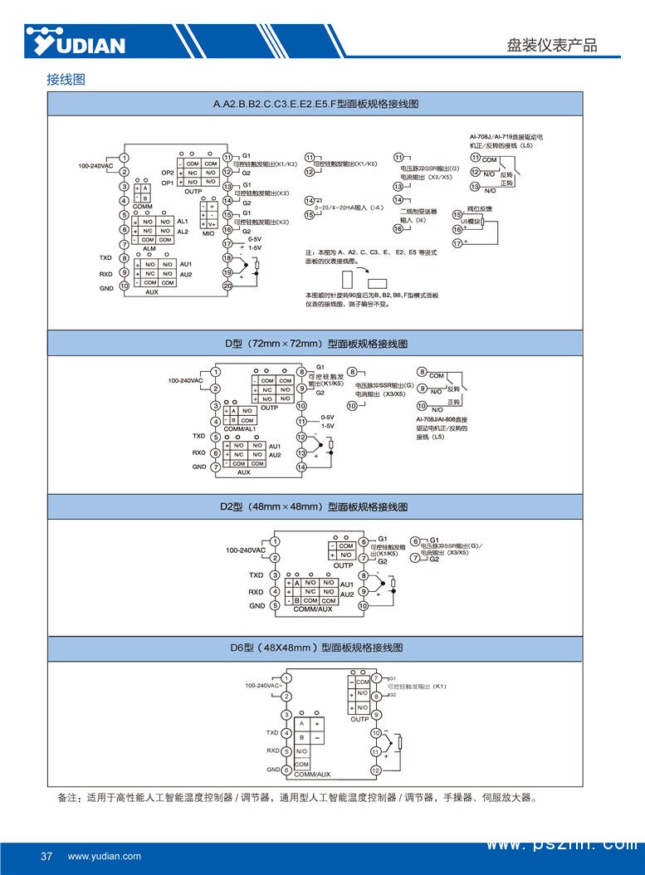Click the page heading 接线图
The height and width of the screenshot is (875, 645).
(x=66, y=81)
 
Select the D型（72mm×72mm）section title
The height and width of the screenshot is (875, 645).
(x=315, y=343)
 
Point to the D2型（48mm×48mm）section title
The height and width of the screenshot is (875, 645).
(x=315, y=506)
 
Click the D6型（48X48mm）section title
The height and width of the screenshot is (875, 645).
(x=315, y=648)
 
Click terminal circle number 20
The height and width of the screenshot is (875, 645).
(x=227, y=286)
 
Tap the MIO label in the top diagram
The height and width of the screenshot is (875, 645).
(x=208, y=234)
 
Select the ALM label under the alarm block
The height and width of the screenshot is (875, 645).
(x=150, y=248)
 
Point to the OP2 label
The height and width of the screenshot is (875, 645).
(x=168, y=173)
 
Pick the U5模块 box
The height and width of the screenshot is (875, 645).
(x=471, y=224)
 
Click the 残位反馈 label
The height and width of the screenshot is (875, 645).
(x=480, y=209)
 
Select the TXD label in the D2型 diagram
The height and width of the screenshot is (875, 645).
(x=256, y=574)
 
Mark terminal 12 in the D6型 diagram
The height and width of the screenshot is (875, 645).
(x=375, y=770)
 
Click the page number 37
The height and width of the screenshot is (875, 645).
(x=46, y=856)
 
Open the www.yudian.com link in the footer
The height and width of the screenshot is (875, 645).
(x=105, y=856)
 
